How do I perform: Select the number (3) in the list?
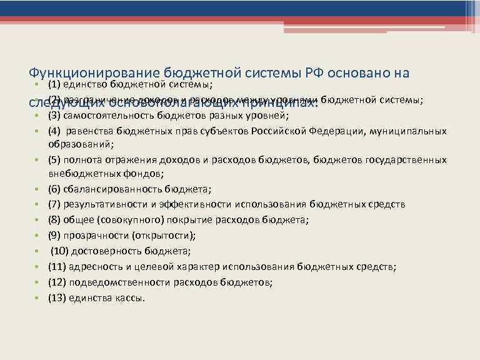click(x=55, y=116)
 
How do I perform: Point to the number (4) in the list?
click(x=55, y=131)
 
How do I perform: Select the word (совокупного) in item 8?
click(x=131, y=220)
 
